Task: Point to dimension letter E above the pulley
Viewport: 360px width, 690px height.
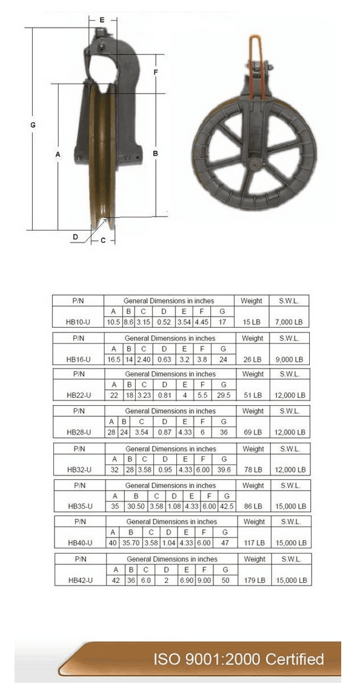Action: tap(102, 20)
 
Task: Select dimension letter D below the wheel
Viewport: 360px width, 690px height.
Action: tap(75, 237)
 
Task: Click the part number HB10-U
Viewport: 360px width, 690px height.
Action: tap(78, 322)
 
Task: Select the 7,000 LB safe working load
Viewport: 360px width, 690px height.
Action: tap(290, 322)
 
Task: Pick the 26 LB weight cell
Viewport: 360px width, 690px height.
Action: tap(252, 359)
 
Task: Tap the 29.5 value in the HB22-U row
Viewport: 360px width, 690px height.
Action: tap(224, 395)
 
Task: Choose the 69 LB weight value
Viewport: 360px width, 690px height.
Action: tap(252, 432)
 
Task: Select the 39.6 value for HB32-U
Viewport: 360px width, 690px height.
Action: tap(224, 469)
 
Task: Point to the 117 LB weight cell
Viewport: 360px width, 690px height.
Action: tap(253, 543)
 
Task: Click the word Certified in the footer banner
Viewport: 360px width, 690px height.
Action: tap(295, 660)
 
